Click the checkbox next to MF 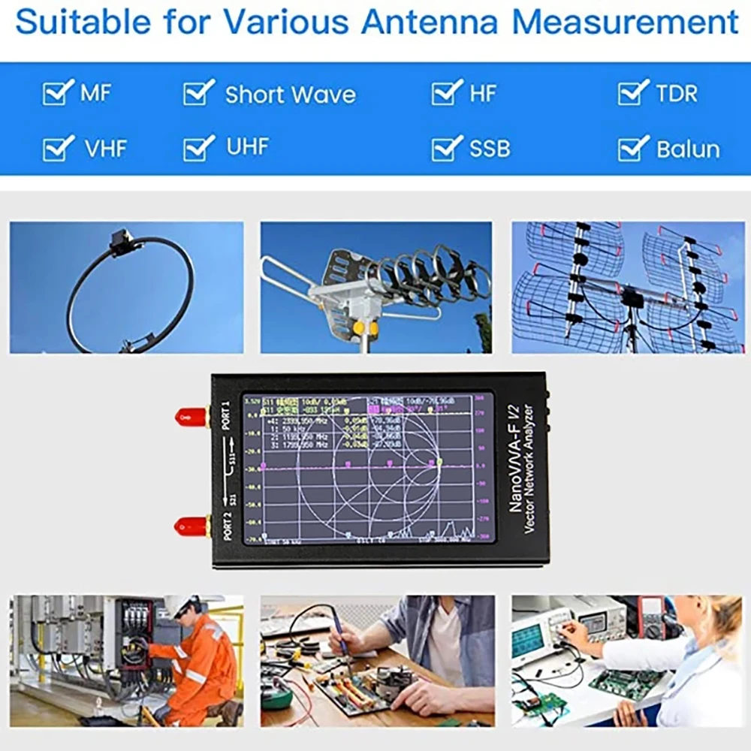[57, 93]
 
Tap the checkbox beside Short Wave [198, 93]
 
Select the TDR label [676, 93]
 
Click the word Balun [687, 149]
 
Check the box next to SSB [446, 148]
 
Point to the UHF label [247, 146]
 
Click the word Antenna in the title [429, 22]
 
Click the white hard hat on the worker [180, 606]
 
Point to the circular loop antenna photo [126, 288]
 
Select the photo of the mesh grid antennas [628, 288]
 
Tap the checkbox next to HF [446, 93]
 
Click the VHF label [106, 149]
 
